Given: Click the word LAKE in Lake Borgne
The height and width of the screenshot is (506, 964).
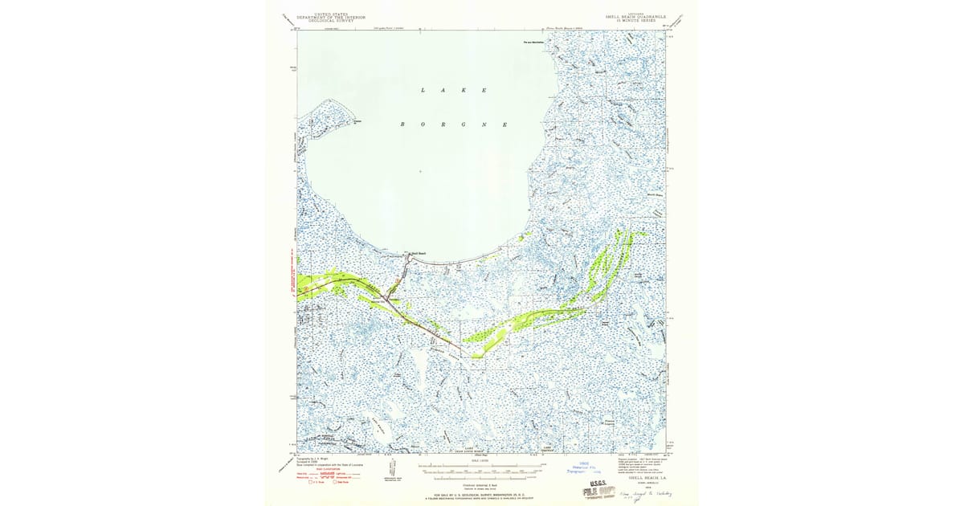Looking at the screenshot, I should pyautogui.click(x=453, y=91).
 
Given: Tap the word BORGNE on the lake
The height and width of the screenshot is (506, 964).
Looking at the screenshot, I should pyautogui.click(x=454, y=125).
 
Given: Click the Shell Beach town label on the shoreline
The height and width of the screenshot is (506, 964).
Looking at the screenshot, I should pyautogui.click(x=418, y=254).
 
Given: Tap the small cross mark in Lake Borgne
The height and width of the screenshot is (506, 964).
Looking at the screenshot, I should pyautogui.click(x=419, y=171).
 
